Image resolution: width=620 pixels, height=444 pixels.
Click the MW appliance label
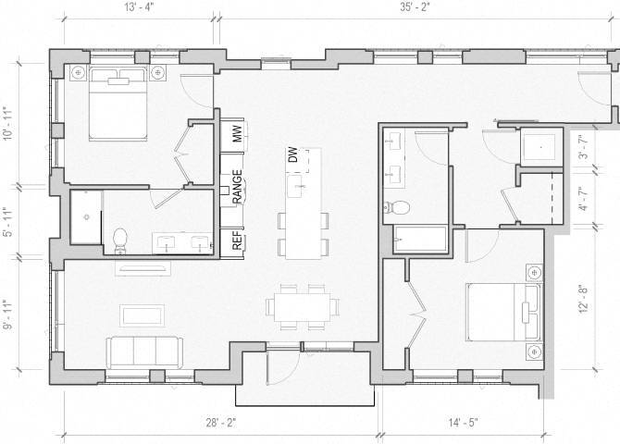[x=237, y=134]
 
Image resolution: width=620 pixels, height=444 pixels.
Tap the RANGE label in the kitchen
[x=238, y=187]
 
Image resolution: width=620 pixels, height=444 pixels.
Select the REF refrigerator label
[x=237, y=240]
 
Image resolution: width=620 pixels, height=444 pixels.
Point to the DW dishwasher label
[x=292, y=158]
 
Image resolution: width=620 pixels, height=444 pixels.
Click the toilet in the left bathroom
[x=118, y=240]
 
